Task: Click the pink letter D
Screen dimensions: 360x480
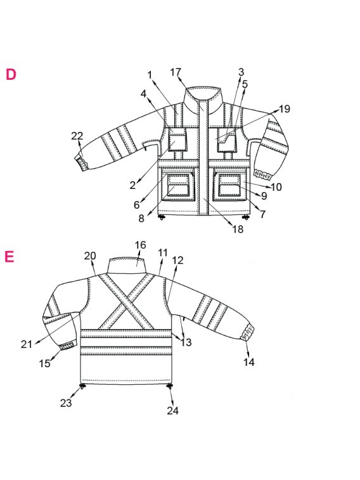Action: click(x=11, y=75)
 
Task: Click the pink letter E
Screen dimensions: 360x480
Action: click(x=10, y=257)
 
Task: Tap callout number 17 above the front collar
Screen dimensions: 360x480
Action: click(x=176, y=72)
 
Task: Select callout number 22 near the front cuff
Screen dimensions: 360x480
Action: click(x=77, y=136)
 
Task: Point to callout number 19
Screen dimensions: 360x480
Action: click(x=285, y=108)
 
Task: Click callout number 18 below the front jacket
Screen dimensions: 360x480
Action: click(x=238, y=229)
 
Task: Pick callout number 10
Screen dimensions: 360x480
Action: click(x=276, y=186)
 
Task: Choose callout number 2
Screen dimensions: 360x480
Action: click(x=132, y=185)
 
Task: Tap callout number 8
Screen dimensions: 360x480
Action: click(x=141, y=219)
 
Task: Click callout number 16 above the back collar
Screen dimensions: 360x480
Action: click(x=141, y=245)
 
